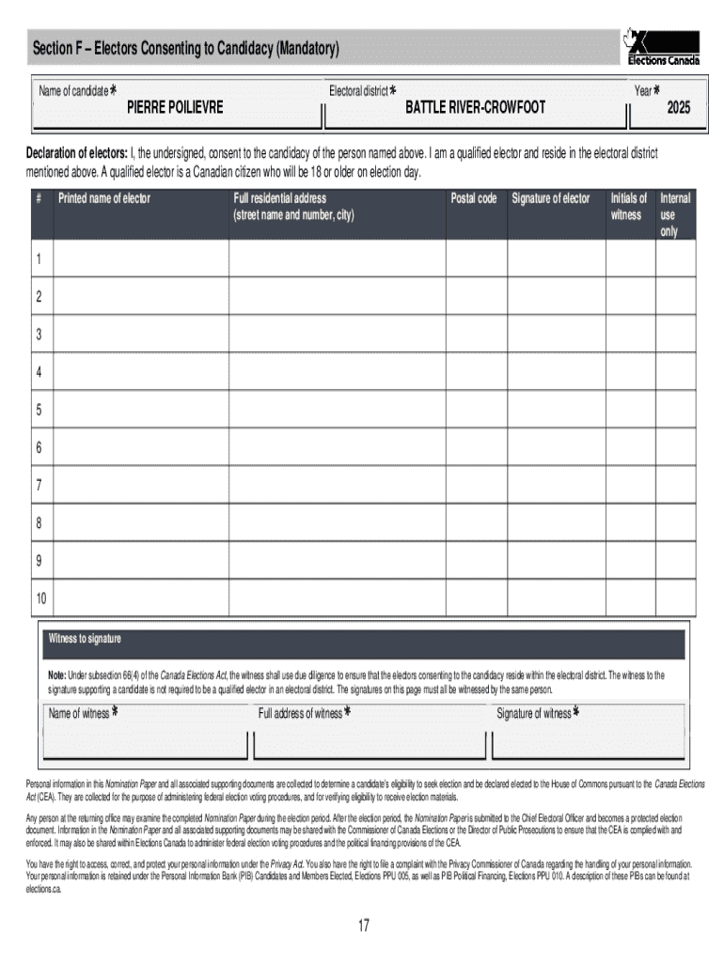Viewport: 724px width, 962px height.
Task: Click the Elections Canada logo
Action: point(663,48)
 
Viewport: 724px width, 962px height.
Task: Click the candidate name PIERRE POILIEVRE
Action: point(175,108)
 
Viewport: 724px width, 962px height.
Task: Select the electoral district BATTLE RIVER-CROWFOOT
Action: point(475,108)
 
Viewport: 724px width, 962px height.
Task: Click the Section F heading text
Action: point(185,48)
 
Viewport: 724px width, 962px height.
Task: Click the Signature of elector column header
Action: point(550,198)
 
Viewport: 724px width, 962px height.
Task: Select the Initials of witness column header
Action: point(628,207)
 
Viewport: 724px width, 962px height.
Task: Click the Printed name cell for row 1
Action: point(141,258)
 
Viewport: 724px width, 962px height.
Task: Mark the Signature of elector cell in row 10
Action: point(556,598)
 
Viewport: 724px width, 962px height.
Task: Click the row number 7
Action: point(39,486)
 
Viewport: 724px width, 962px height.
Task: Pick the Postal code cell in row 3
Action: point(476,334)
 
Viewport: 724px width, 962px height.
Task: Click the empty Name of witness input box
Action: point(144,743)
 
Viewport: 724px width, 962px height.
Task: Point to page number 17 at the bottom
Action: point(363,927)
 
